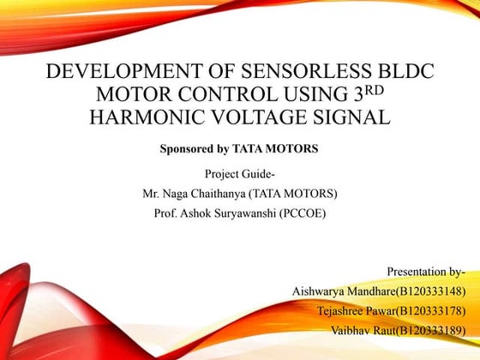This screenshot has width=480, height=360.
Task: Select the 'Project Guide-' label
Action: (240, 175)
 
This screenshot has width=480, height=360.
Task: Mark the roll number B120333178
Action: (429, 310)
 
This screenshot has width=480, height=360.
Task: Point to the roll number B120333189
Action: (429, 330)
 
